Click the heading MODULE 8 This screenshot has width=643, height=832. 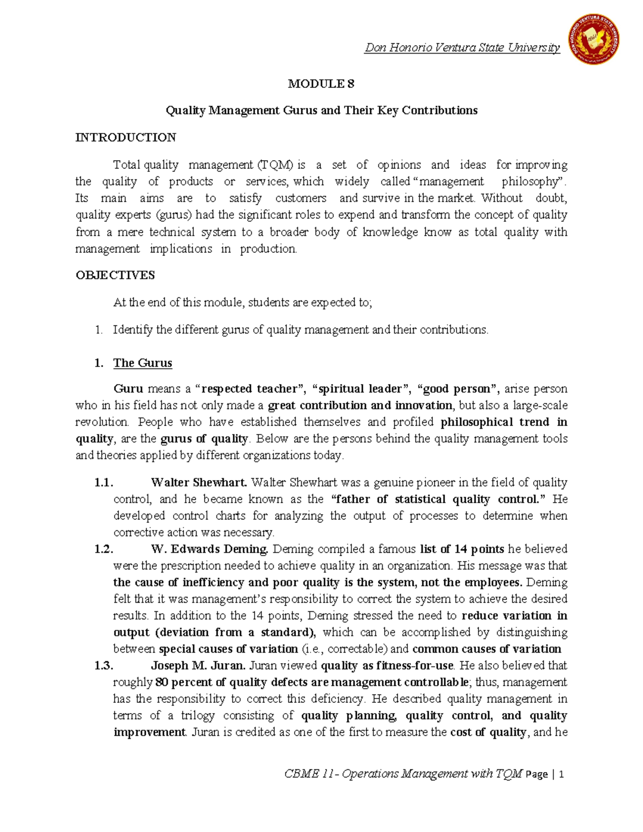[x=321, y=84]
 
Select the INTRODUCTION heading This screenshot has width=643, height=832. [x=125, y=137]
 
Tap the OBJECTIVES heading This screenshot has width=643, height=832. [x=115, y=275]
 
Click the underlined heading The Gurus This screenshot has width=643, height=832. [x=143, y=363]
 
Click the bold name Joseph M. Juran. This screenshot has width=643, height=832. [x=198, y=665]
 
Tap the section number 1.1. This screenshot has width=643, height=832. [x=103, y=482]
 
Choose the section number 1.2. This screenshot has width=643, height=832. [x=103, y=549]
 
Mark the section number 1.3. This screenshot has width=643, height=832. [x=103, y=665]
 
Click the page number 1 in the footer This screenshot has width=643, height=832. [x=561, y=774]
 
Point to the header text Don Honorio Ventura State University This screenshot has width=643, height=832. [x=462, y=48]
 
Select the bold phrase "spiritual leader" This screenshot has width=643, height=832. [x=361, y=388]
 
